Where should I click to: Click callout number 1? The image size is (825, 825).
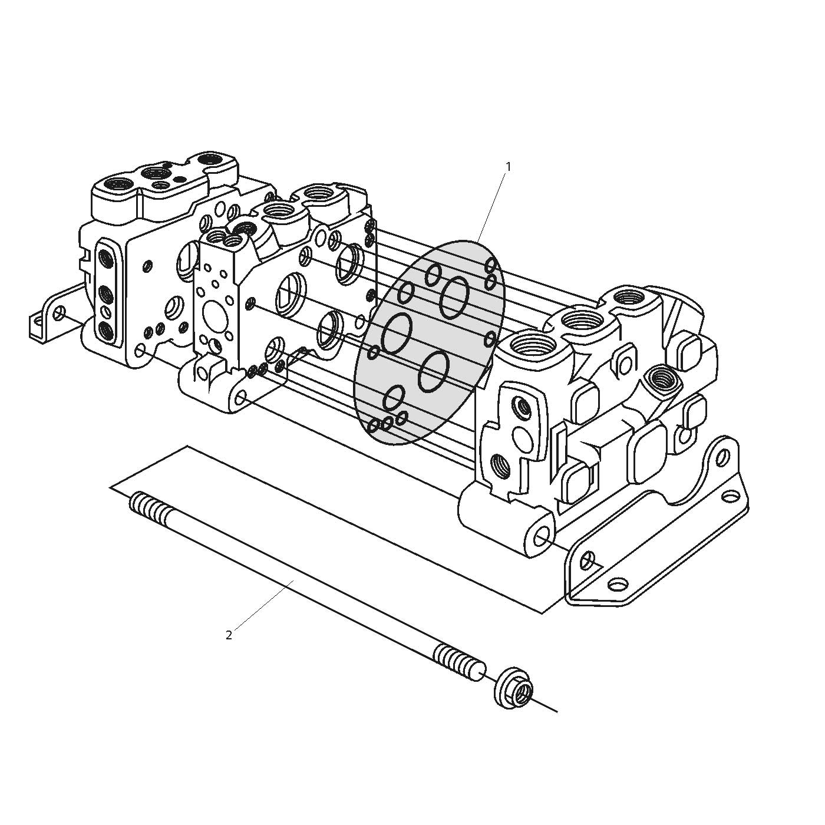point(508,167)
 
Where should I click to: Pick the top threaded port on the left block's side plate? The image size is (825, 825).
point(105,258)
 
